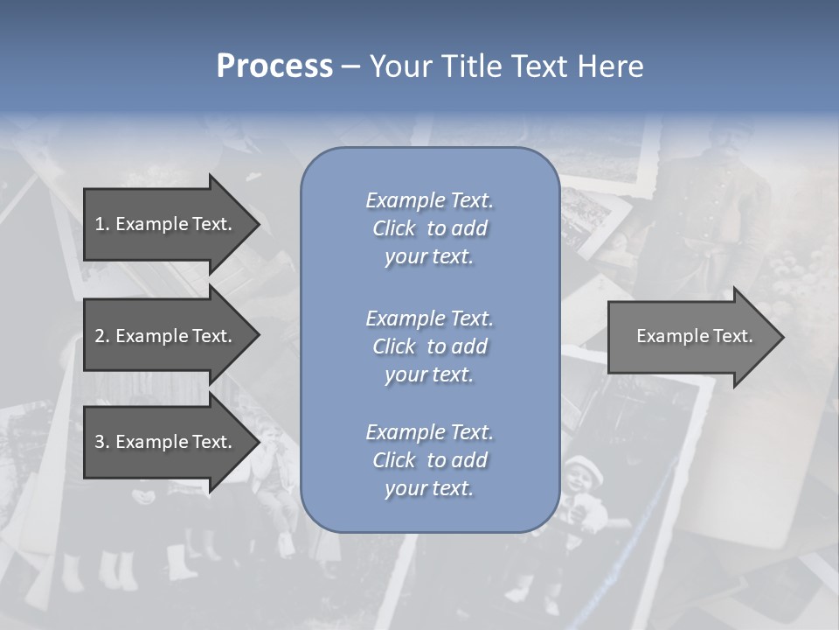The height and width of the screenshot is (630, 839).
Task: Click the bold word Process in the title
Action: pyautogui.click(x=274, y=66)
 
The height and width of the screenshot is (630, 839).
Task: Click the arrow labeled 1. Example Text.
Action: pyautogui.click(x=163, y=224)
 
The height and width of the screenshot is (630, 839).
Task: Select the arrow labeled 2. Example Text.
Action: pyautogui.click(x=163, y=336)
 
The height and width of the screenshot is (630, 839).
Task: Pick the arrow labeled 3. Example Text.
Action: pyautogui.click(x=163, y=442)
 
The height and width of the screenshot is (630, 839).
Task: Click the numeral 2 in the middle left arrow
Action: pyautogui.click(x=100, y=336)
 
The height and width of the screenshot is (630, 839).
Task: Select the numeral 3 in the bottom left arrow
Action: pyautogui.click(x=100, y=442)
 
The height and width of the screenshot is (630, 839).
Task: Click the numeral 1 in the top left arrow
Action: pyautogui.click(x=100, y=224)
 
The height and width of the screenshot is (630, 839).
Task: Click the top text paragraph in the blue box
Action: pyautogui.click(x=429, y=228)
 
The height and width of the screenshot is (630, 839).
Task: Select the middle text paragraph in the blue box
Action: pyautogui.click(x=429, y=346)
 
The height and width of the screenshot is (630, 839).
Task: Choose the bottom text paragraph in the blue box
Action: pyautogui.click(x=429, y=460)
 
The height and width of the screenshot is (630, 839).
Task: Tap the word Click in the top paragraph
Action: pyautogui.click(x=393, y=228)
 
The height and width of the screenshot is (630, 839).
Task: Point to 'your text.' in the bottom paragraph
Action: pyautogui.click(x=429, y=488)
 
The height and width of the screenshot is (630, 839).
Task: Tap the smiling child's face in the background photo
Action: pyautogui.click(x=585, y=479)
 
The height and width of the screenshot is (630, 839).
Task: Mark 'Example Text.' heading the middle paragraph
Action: pyautogui.click(x=429, y=318)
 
